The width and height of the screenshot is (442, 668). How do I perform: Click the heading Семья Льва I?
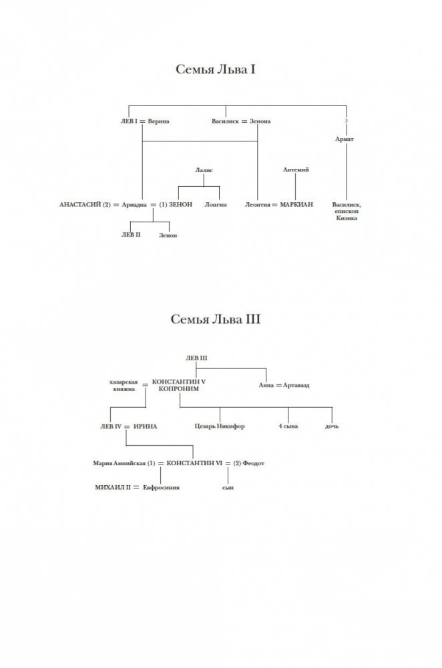215,69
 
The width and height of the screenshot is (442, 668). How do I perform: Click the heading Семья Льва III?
215,319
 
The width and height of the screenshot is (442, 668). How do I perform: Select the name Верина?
160,121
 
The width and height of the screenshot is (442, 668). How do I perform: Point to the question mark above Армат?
347,121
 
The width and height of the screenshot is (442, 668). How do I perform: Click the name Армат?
345,138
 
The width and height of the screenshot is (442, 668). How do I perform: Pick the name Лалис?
204,171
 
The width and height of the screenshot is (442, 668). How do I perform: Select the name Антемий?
296,171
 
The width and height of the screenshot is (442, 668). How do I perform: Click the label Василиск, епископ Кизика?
346,211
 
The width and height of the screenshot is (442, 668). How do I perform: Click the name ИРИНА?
145,426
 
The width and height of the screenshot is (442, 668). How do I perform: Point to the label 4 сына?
288,426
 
